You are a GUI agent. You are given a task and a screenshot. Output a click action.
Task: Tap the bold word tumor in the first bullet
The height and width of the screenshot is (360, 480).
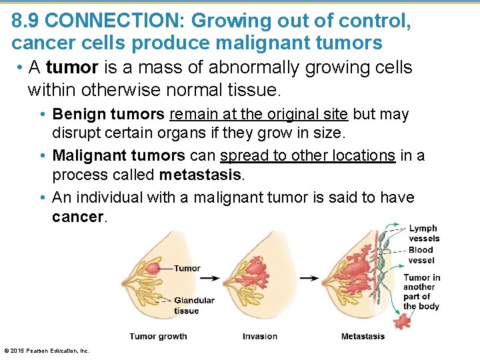pos(69,68)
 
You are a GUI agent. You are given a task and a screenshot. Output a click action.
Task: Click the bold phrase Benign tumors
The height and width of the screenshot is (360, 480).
pos(108,115)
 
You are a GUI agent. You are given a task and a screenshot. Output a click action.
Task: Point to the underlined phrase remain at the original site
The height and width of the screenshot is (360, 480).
pos(259,115)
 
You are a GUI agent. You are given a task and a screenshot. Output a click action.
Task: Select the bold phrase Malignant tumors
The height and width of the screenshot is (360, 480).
pos(119,156)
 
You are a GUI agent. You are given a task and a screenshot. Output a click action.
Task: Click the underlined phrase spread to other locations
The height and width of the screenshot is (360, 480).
pos(307,156)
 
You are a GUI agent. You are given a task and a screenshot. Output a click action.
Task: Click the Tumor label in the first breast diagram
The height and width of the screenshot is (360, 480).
pos(187,269)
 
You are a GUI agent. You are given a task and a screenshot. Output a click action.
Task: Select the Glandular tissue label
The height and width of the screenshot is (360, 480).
pos(194,305)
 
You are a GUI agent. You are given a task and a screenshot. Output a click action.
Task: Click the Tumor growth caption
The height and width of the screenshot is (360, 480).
pos(158,337)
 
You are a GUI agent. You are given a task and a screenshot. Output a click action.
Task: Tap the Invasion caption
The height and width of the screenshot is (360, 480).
pos(260,337)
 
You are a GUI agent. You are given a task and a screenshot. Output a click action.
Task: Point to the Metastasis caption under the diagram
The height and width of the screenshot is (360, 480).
pos(363,337)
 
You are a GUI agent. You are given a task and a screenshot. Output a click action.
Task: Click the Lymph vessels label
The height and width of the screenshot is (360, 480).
pos(424,233)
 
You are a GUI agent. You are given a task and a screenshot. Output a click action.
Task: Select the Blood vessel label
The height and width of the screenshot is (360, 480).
pos(421,255)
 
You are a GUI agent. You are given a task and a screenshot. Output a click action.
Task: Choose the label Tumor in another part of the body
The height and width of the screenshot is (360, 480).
pos(421,292)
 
